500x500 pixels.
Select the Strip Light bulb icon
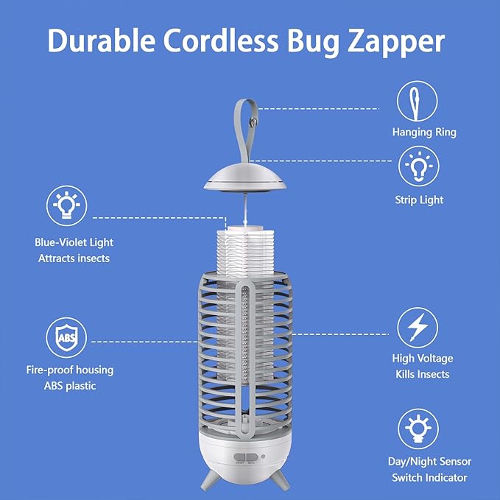coord(418,167)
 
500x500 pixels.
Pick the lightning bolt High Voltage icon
coord(418,328)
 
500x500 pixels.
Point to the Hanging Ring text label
coord(423,133)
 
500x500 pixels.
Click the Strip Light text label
coord(419,200)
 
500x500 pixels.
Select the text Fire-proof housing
coord(74,370)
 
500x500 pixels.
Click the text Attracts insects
coord(73,258)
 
